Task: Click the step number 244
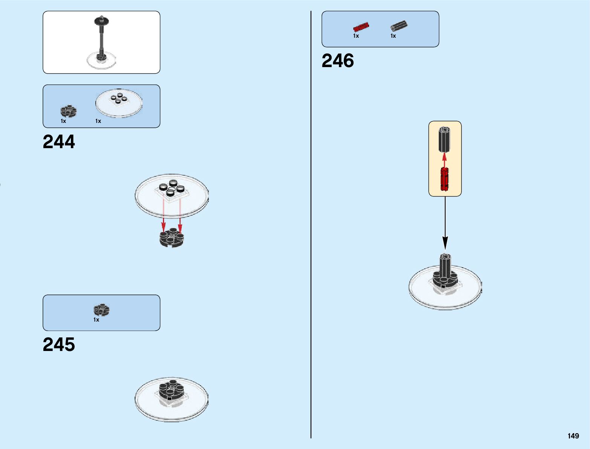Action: tap(59, 142)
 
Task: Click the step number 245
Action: tap(59, 345)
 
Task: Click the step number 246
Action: tap(338, 61)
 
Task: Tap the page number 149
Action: tap(573, 436)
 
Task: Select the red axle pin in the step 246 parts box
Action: tap(361, 27)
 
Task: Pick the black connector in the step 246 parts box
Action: tap(398, 26)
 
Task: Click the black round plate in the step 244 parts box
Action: tap(69, 111)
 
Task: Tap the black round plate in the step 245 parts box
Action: tap(101, 310)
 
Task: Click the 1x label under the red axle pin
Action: tap(356, 36)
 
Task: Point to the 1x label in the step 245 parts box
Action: tap(96, 320)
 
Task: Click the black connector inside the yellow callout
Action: tap(444, 139)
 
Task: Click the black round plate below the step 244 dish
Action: tap(172, 238)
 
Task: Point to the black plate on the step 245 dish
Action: tap(171, 391)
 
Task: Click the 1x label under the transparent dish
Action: tap(98, 121)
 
